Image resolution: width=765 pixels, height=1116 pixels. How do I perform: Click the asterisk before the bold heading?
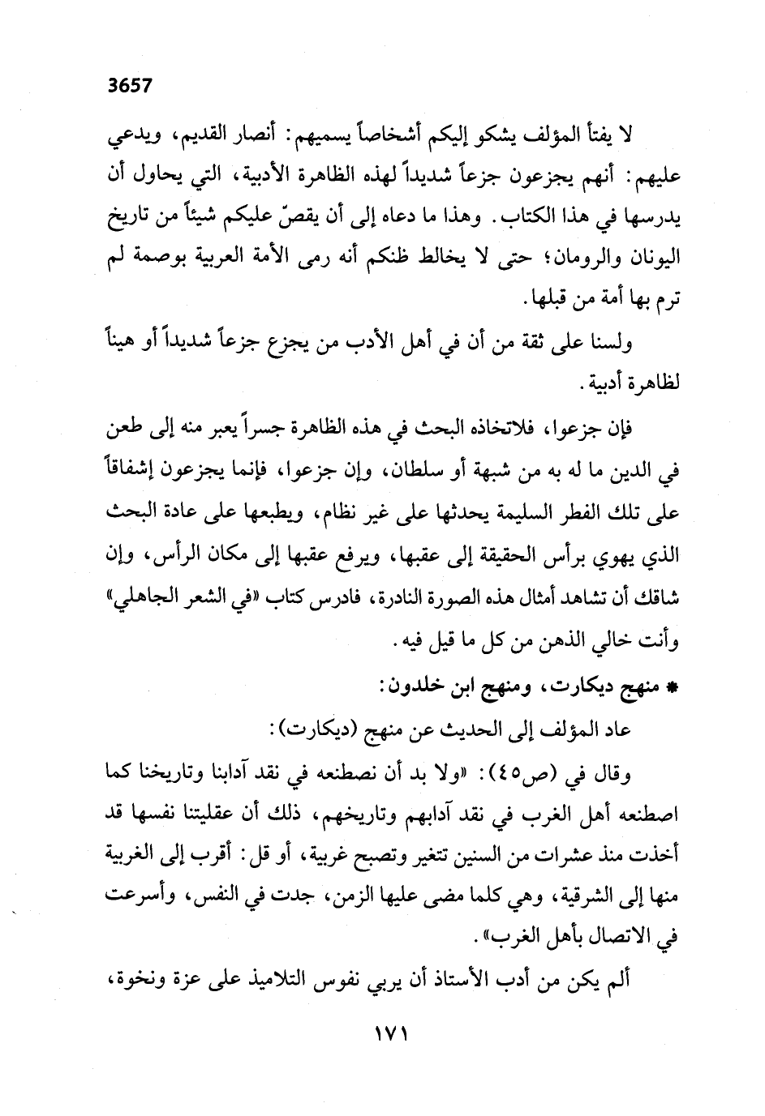[670, 689]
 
